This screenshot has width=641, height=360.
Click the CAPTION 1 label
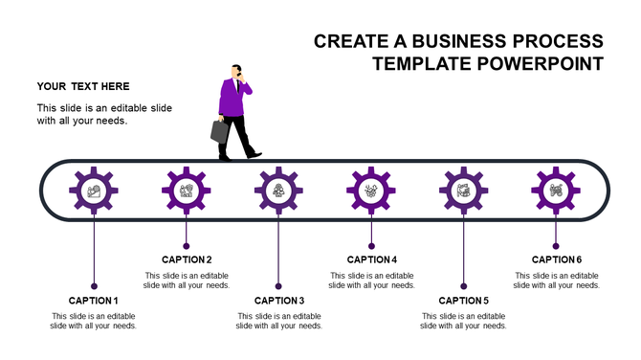point(93,301)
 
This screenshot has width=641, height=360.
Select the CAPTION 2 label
point(187,259)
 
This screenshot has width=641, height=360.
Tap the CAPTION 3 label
point(279,301)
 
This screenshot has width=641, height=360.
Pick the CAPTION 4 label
point(371,259)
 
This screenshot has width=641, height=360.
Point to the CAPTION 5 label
point(464,301)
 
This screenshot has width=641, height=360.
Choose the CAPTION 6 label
point(557,259)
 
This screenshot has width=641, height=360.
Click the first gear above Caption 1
point(93,190)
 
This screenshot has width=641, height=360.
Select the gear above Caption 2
point(187,190)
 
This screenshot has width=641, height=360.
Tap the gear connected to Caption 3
point(278,190)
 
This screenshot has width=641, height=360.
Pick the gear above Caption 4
point(371,190)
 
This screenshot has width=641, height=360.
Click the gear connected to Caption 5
point(464,190)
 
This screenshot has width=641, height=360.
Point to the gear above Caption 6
point(556,190)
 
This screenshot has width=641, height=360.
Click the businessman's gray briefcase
point(220,131)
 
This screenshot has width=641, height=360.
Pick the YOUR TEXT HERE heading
point(83,87)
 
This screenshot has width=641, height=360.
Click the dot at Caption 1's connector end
point(94,285)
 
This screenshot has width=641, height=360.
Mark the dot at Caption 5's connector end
point(464,285)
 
